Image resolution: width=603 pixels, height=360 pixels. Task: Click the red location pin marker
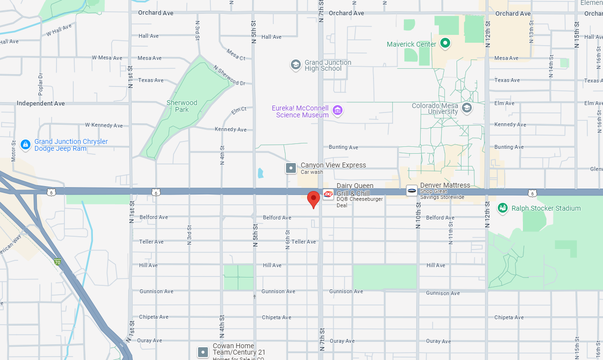[314, 199]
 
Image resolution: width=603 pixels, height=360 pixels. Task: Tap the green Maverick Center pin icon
[445, 44]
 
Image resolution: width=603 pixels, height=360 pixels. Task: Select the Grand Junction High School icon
[295, 65]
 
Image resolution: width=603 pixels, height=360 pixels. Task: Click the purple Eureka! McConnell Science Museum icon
[338, 110]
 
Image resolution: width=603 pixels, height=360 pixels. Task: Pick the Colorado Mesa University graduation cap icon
[467, 108]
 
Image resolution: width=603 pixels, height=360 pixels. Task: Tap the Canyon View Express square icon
[291, 168]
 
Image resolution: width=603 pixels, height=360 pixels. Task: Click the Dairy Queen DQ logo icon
[328, 194]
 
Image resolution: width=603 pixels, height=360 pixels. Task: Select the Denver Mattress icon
[412, 191]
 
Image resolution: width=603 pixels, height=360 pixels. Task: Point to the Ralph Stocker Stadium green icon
[503, 208]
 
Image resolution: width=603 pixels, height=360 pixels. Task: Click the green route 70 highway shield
[57, 262]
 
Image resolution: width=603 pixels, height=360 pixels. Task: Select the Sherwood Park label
[182, 106]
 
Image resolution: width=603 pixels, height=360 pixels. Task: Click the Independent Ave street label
[41, 104]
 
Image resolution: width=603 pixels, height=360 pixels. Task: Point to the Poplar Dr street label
[41, 83]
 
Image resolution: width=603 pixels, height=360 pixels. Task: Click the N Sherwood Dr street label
[229, 76]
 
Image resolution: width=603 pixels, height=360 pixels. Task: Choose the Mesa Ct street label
[236, 54]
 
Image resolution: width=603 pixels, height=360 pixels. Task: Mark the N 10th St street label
[419, 215]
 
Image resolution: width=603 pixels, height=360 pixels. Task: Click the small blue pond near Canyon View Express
[260, 173]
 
